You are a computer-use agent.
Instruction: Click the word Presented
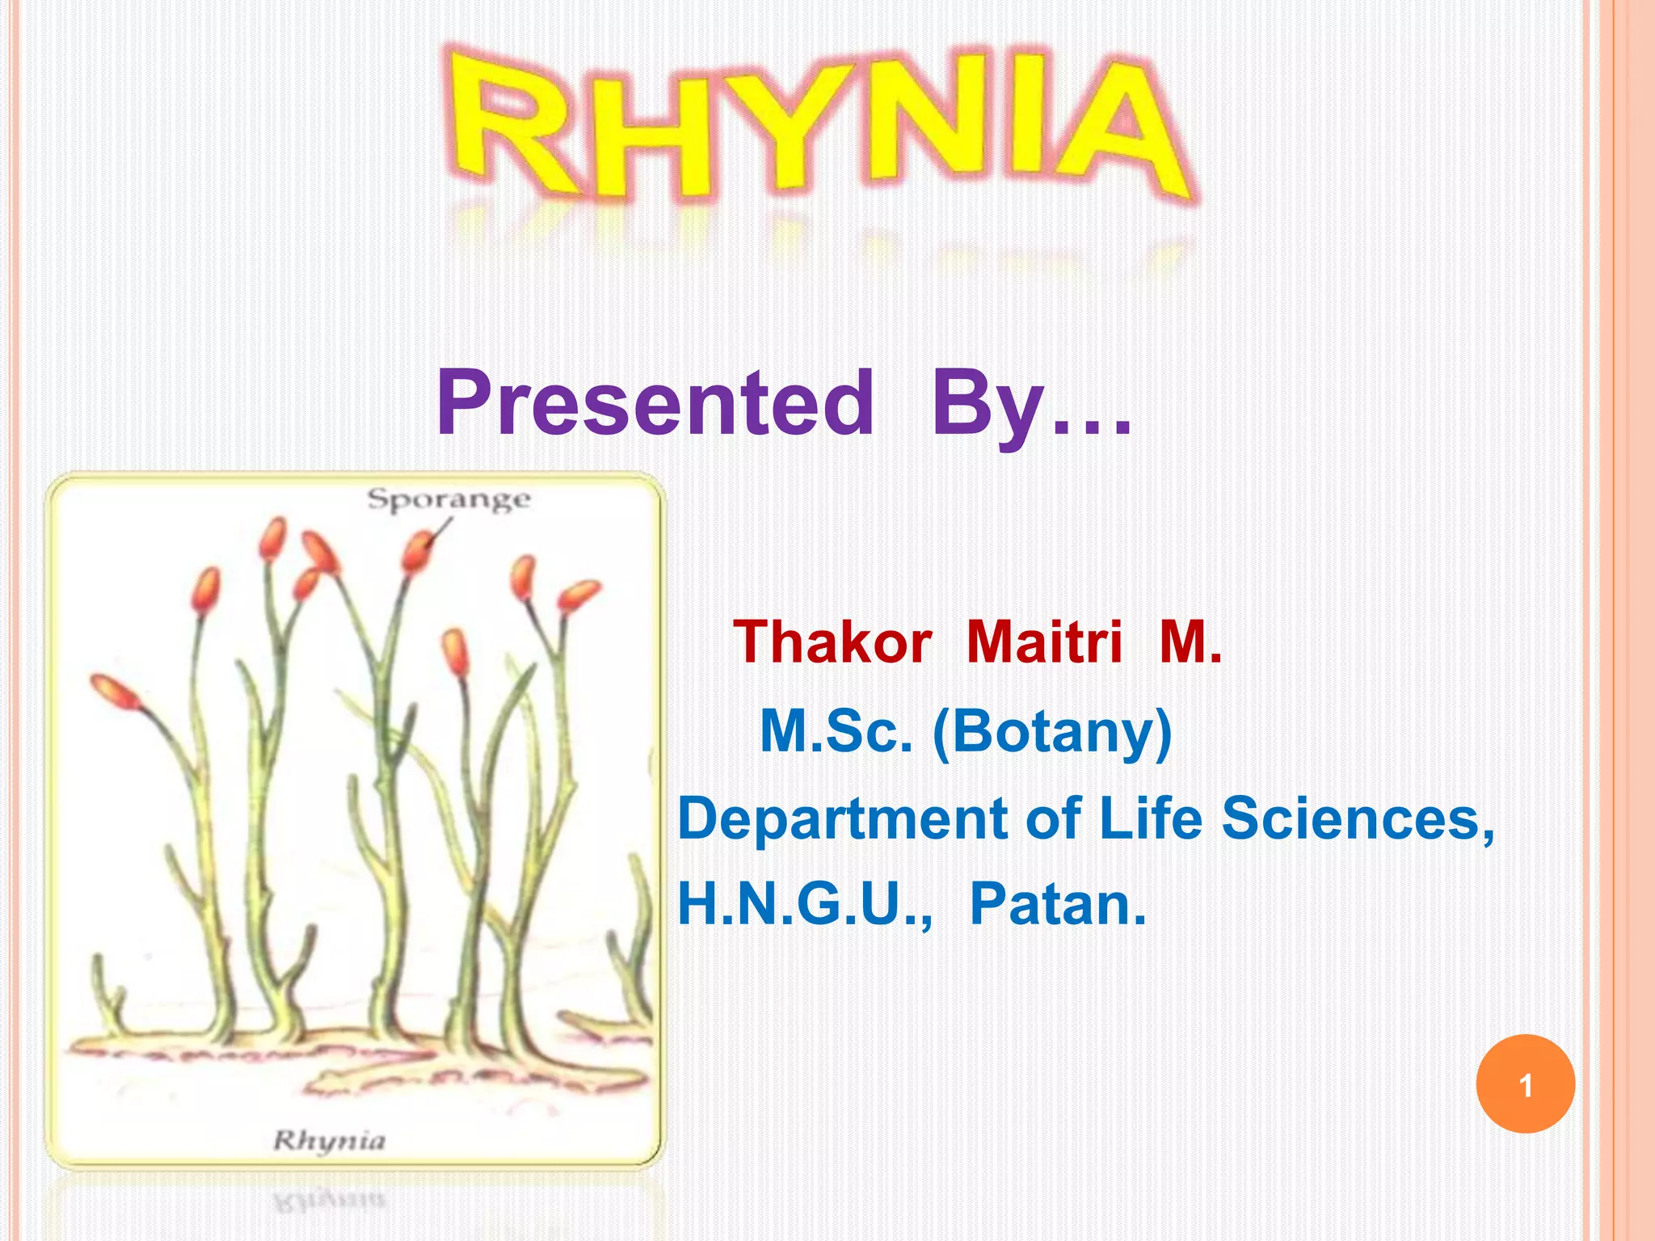click(655, 402)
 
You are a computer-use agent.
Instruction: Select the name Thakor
click(832, 642)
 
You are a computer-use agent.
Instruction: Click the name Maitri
click(1044, 642)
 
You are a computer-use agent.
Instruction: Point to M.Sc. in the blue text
click(836, 731)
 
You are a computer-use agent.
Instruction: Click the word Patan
click(1057, 904)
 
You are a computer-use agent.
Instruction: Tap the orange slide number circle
click(1525, 1084)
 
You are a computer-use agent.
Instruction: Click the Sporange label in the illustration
click(448, 499)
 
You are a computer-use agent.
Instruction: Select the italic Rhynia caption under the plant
click(329, 1140)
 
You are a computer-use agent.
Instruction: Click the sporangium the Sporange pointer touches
click(418, 551)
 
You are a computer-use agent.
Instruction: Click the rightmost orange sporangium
click(579, 595)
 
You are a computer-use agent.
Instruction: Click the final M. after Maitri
click(1190, 642)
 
